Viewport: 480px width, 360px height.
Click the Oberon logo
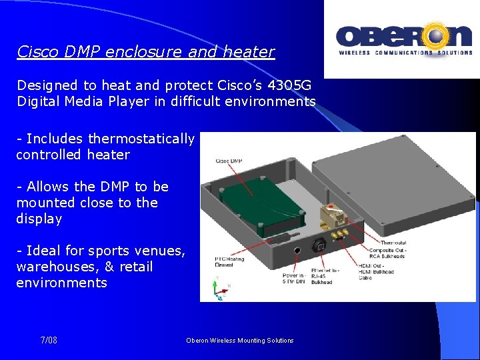402,39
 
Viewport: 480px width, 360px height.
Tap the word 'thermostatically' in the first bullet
141,139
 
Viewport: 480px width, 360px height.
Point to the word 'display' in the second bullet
39,219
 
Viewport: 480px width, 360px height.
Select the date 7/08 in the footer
49,340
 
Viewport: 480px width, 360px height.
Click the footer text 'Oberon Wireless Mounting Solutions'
240,340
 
